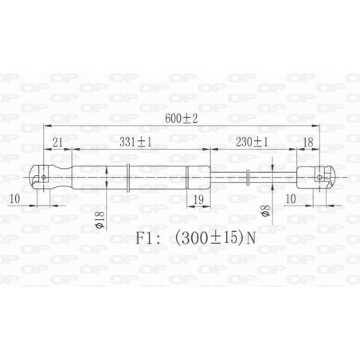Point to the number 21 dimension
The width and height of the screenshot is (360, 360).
(57, 141)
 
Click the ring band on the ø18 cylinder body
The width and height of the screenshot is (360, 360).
(128, 176)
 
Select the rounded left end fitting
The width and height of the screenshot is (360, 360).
(49, 176)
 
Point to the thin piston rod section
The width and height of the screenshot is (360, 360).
(231, 176)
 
